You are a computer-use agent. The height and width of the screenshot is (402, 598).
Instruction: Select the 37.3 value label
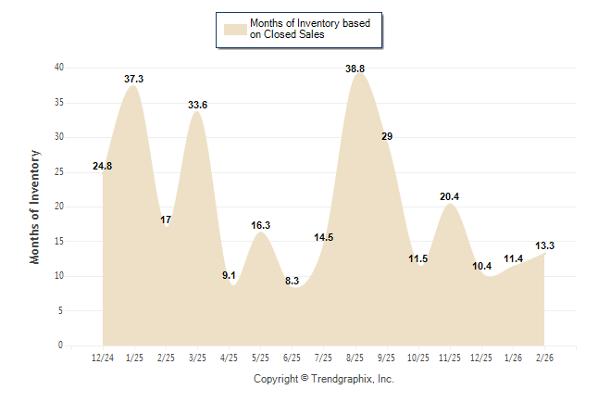[134, 80]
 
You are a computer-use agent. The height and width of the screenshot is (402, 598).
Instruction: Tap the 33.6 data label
[197, 105]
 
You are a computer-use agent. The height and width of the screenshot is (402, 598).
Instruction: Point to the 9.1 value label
[230, 275]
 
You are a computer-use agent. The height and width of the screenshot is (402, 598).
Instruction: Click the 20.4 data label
[450, 196]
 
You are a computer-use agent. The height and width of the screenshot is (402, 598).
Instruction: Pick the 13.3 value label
[545, 245]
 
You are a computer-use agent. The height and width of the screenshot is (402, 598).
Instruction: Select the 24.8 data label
[103, 167]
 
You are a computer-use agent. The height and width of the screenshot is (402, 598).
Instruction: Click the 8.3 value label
[292, 281]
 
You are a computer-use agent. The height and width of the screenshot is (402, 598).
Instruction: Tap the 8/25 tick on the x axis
[355, 358]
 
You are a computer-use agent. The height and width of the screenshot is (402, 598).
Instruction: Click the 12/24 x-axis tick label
[103, 358]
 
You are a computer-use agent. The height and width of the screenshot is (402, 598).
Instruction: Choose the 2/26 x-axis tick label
[545, 358]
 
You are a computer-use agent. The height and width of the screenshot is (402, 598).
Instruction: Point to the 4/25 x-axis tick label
[230, 358]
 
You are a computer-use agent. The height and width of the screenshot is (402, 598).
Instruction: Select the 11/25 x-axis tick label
[450, 358]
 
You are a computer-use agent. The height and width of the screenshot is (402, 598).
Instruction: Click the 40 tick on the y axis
[59, 68]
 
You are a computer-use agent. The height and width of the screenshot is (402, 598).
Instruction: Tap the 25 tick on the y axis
[59, 171]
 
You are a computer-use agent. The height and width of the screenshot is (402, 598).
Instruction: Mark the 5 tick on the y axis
[61, 310]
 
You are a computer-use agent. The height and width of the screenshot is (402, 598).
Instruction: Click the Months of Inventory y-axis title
[35, 206]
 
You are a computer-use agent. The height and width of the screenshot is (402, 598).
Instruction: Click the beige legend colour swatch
[234, 29]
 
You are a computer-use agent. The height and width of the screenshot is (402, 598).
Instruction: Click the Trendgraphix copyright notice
[324, 379]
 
